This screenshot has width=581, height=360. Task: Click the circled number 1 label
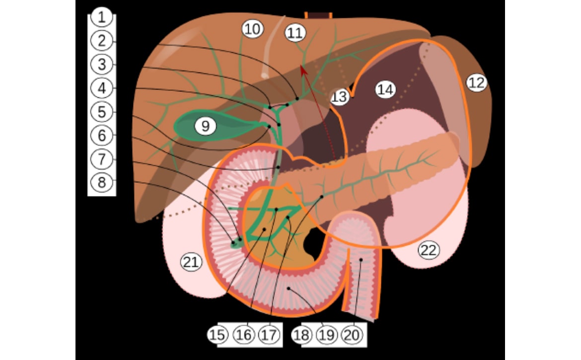click(x=101, y=17)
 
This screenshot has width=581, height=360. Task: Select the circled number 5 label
click(x=101, y=112)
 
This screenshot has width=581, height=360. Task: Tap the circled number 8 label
click(x=101, y=183)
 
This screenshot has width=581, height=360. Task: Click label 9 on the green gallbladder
click(x=205, y=126)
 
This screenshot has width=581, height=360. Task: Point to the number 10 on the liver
click(x=253, y=29)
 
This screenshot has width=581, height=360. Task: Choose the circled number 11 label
click(x=295, y=33)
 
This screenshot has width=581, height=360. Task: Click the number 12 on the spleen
click(x=477, y=82)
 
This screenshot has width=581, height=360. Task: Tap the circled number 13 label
click(x=339, y=97)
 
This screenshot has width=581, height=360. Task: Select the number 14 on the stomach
click(x=385, y=90)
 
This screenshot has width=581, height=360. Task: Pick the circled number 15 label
click(x=217, y=335)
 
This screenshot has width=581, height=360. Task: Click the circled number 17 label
click(x=269, y=335)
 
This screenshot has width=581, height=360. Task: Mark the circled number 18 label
click(x=301, y=335)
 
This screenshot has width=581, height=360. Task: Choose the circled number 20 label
click(x=352, y=335)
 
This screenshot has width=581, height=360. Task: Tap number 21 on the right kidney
click(x=191, y=262)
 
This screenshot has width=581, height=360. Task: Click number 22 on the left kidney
click(x=429, y=250)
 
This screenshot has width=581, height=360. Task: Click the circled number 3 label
click(x=101, y=65)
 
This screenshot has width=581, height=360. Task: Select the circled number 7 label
click(x=101, y=159)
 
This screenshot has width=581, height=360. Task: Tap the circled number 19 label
click(x=326, y=335)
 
